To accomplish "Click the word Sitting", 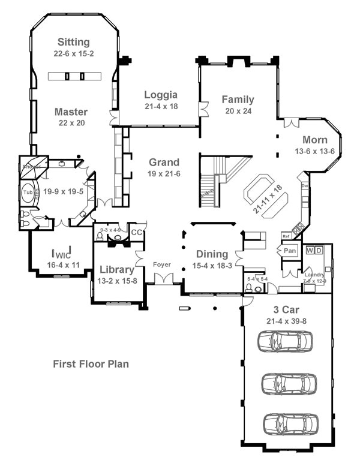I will pos(74,42).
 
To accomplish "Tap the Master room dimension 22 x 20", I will pos(71,123).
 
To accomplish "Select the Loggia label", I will pos(160,94).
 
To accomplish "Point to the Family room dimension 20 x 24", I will pos(238,111).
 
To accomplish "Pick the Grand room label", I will pos(164,162).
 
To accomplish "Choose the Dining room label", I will pos(211,254).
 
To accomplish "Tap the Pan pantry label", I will pos(290,250).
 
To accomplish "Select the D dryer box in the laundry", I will pos(319,249).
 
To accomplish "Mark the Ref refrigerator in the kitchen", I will pos(286,236).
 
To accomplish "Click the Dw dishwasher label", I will pos(304,186).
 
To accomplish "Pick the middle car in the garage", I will pos(289,382).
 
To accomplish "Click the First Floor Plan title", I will pos(91,363).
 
